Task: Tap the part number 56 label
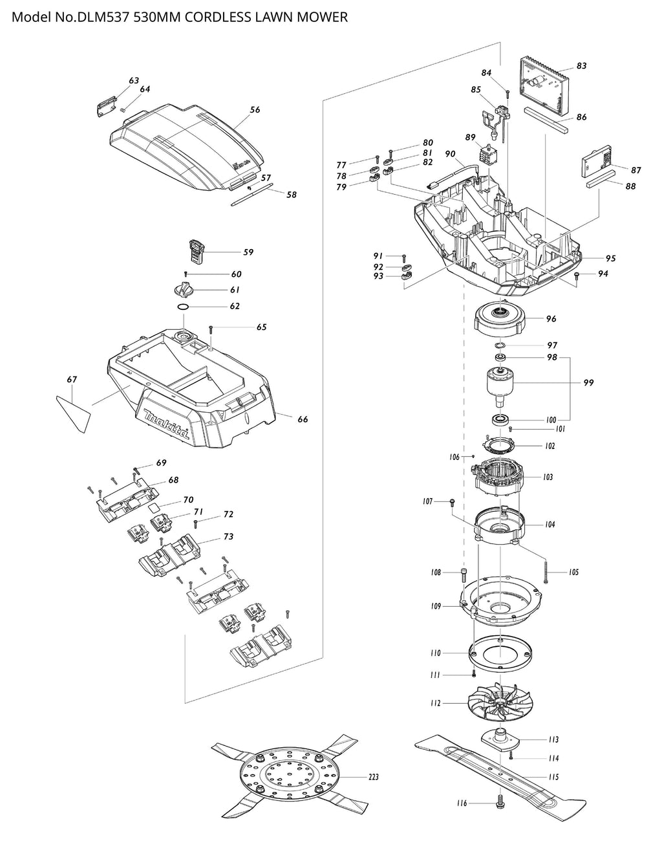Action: pyautogui.click(x=255, y=109)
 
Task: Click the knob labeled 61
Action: pyautogui.click(x=184, y=289)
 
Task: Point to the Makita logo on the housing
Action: pyautogui.click(x=167, y=423)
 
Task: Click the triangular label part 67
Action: pyautogui.click(x=74, y=412)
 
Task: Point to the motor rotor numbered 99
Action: pyautogui.click(x=500, y=386)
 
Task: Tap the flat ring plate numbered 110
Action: pyautogui.click(x=500, y=654)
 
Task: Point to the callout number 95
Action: pyautogui.click(x=610, y=259)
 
